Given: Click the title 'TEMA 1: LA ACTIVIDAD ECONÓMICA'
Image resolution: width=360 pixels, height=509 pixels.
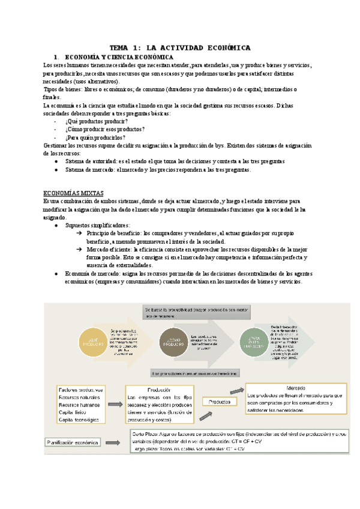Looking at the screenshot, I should (180, 47).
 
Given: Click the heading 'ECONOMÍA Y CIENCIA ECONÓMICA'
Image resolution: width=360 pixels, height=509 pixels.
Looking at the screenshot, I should (115, 56).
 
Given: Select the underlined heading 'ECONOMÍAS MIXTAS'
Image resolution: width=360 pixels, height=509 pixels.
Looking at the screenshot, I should (73, 193).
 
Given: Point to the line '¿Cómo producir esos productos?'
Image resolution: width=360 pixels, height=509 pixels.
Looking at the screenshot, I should (104, 129).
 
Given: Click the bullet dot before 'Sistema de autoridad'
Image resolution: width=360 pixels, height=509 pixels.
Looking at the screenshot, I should (56, 161).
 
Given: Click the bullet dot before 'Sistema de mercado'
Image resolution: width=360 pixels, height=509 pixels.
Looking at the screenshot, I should (56, 170).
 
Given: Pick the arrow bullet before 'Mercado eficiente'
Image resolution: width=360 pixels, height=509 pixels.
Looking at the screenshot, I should (79, 248).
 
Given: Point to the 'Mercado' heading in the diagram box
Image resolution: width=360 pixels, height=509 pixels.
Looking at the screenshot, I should (296, 387).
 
